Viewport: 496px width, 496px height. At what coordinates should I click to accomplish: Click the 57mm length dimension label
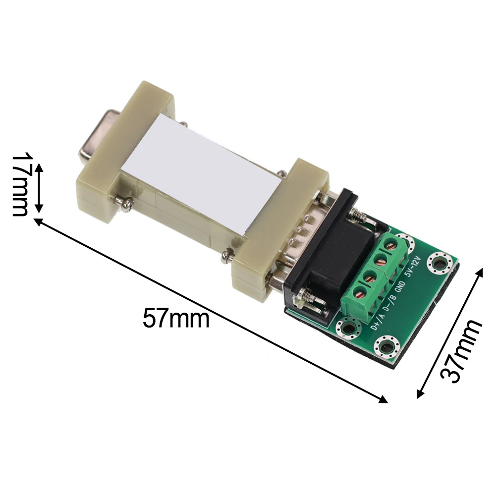pyautogui.click(x=176, y=318)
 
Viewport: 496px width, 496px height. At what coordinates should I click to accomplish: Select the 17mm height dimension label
pyautogui.click(x=20, y=184)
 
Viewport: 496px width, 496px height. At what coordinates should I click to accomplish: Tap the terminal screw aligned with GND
pyautogui.click(x=381, y=261)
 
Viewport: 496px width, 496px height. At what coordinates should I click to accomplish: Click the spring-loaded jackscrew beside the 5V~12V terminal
pyautogui.click(x=358, y=216)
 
